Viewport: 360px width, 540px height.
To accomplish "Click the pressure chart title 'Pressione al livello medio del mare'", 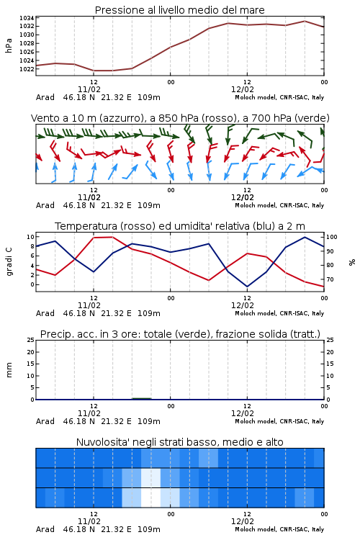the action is pyautogui.click(x=179, y=10).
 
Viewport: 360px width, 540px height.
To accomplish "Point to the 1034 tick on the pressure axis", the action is pyautogui.click(x=27, y=18).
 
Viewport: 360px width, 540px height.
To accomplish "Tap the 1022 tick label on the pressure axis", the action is pyautogui.click(x=27, y=69).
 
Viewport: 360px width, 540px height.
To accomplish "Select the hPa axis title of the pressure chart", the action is pyautogui.click(x=9, y=45).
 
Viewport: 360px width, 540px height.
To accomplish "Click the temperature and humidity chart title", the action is pyautogui.click(x=180, y=226).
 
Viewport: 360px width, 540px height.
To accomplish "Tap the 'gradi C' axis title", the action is pyautogui.click(x=9, y=262).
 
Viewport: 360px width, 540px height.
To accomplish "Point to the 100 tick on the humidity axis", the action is pyautogui.click(x=332, y=237).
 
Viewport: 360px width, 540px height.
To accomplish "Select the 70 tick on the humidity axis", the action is pyautogui.click(x=330, y=279).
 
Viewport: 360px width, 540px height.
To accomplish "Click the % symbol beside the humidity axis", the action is pyautogui.click(x=352, y=262).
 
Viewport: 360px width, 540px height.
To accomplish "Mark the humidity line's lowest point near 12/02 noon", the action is pyautogui.click(x=247, y=287).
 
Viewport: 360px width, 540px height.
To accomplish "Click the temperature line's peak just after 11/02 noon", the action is pyautogui.click(x=112, y=237).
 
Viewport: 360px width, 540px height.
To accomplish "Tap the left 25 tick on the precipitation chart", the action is pyautogui.click(x=31, y=340).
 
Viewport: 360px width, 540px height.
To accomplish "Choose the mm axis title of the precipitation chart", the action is pyautogui.click(x=9, y=370).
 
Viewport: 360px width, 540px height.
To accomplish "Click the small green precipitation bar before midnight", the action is pyautogui.click(x=142, y=398).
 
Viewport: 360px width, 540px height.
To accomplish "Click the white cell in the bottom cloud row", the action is pyautogui.click(x=151, y=498).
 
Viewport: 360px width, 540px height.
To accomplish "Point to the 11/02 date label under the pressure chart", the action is pyautogui.click(x=89, y=89).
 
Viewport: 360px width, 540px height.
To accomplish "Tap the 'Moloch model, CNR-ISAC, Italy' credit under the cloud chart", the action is pyautogui.click(x=279, y=529).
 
